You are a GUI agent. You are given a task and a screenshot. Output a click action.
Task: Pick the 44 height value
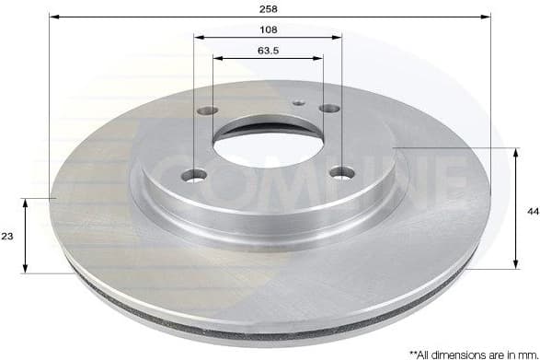[533, 211]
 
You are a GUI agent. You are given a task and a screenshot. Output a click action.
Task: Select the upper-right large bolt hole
[328, 109]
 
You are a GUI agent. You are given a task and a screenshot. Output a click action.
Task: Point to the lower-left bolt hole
[195, 175]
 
